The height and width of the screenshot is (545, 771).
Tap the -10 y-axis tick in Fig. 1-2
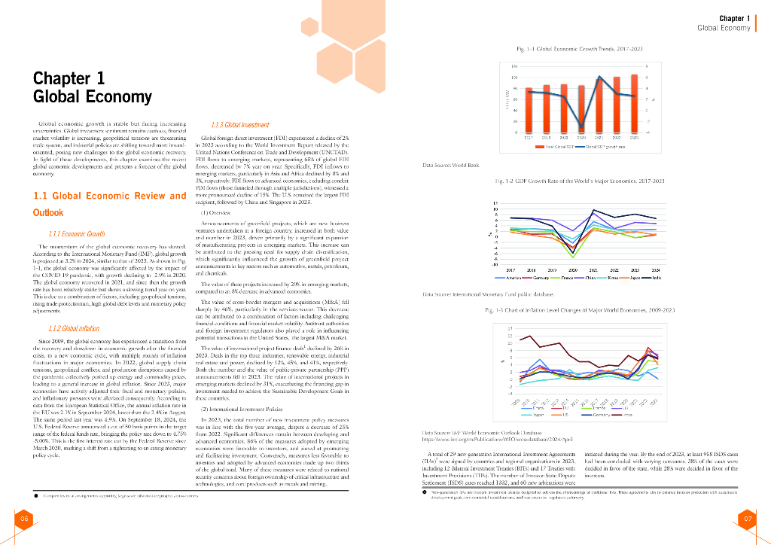[x=495, y=264]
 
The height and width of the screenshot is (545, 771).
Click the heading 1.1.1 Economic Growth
[x=76, y=234]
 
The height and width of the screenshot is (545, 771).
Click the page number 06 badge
[x=24, y=519]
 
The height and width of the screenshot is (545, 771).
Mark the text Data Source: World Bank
[x=451, y=164]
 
